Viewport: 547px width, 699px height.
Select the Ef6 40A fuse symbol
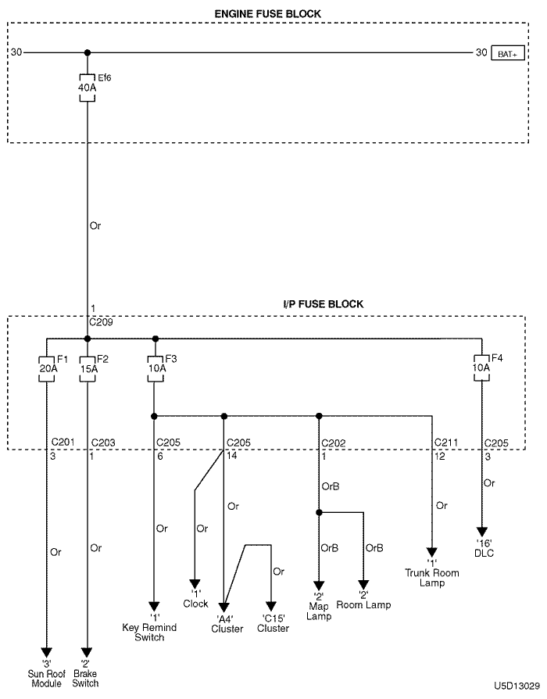tap(87, 84)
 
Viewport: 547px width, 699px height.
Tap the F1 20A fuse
tap(47, 367)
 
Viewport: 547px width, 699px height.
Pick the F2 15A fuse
tap(87, 367)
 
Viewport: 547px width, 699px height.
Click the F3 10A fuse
tap(155, 367)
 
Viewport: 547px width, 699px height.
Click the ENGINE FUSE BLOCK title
tap(268, 14)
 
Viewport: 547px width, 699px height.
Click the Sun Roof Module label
tap(47, 679)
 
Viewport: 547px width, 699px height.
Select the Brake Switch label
tap(86, 679)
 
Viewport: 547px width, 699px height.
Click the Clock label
tap(195, 603)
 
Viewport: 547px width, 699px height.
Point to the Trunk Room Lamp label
tap(431, 578)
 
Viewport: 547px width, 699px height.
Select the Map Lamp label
tap(319, 611)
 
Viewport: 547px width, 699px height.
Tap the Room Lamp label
tap(363, 604)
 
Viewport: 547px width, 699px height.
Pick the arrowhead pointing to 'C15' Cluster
tap(271, 607)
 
